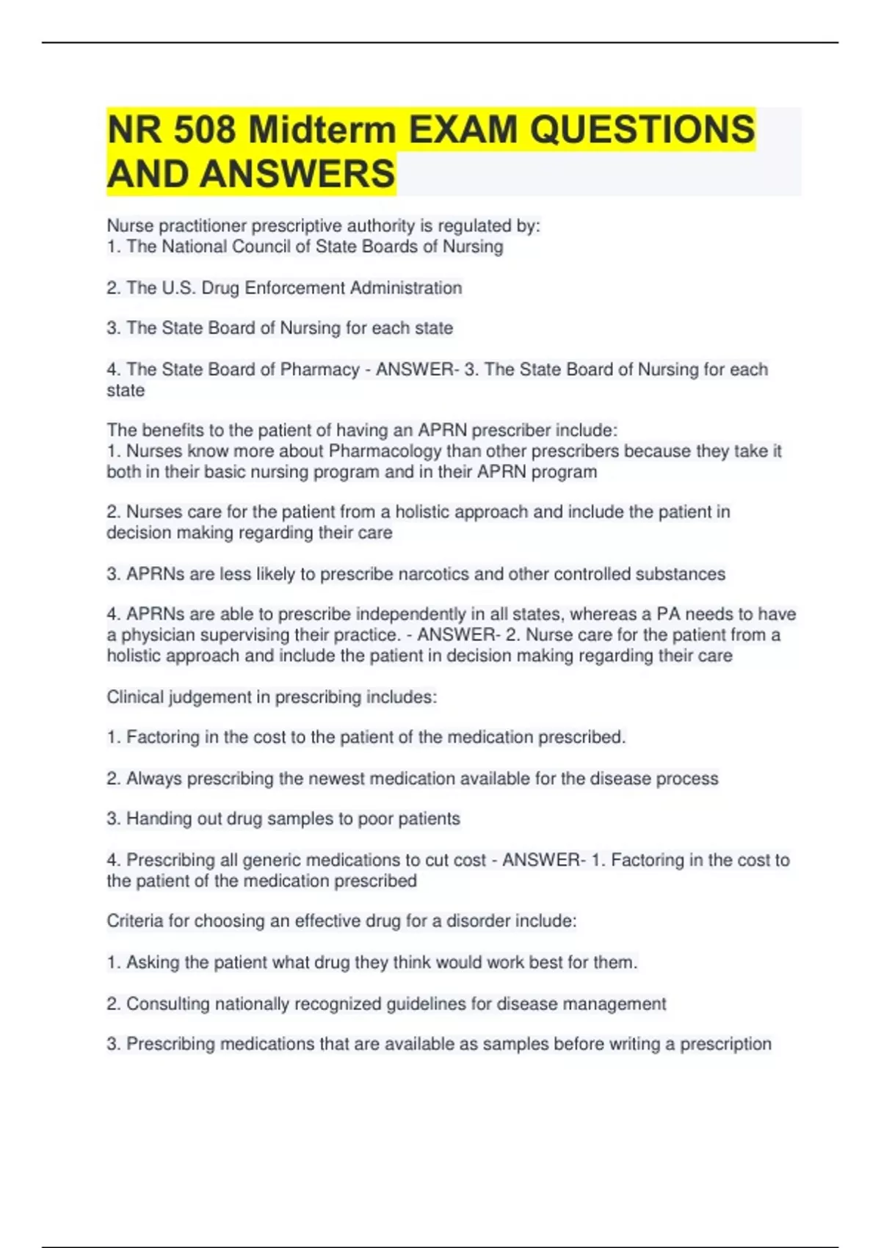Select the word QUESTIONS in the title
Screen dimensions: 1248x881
(642, 130)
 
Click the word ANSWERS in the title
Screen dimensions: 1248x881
(297, 175)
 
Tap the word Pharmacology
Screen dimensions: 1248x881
(385, 451)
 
